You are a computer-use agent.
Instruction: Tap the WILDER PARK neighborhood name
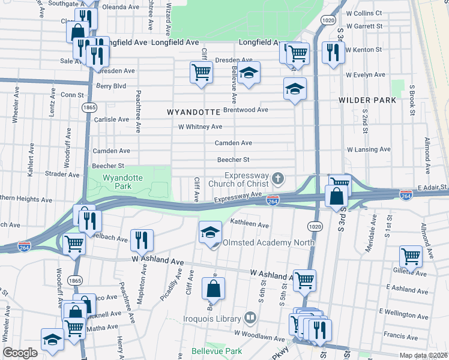tap(367, 100)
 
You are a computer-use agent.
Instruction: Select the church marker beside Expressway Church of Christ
tap(277, 178)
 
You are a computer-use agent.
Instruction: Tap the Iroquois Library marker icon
tap(251, 318)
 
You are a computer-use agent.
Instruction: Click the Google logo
tap(20, 353)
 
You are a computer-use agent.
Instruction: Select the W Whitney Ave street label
tap(200, 127)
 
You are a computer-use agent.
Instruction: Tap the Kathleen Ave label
tap(250, 224)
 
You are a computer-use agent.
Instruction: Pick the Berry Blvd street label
tap(111, 86)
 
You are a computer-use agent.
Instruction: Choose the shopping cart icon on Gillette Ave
tap(411, 256)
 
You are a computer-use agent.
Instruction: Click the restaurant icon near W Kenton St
tap(331, 52)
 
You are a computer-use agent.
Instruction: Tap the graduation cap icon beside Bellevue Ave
tap(249, 73)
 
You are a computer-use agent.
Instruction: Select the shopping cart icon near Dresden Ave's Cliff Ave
tap(201, 72)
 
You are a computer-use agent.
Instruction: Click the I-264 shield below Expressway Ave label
tap(273, 201)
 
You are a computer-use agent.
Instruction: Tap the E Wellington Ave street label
tap(404, 313)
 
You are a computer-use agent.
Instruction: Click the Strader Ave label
tap(62, 175)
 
